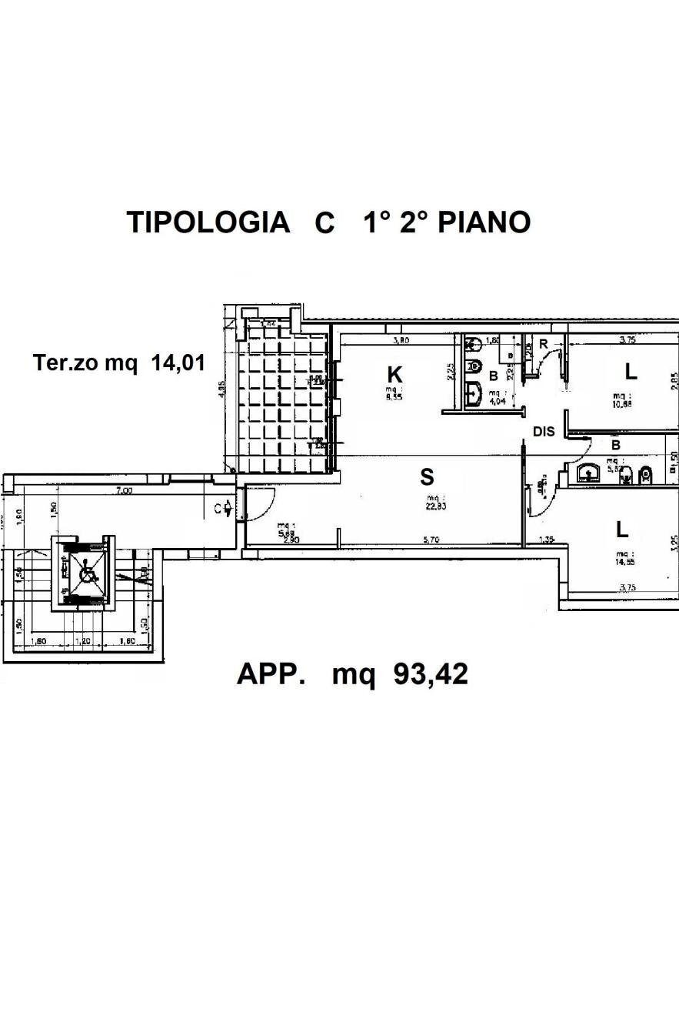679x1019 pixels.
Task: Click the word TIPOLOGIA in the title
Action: (x=208, y=222)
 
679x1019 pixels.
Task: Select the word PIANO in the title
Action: (x=484, y=222)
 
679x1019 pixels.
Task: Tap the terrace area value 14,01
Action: (x=178, y=362)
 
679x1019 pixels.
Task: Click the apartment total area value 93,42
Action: (x=431, y=674)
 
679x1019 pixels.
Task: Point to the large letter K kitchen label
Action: (x=394, y=375)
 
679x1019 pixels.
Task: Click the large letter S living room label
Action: (x=427, y=477)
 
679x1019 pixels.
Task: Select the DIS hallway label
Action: (x=544, y=432)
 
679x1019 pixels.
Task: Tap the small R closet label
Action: (x=543, y=344)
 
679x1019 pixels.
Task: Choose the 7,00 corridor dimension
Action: (x=123, y=490)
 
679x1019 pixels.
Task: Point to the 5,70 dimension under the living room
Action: (x=431, y=540)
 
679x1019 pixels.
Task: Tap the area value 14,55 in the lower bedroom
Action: (x=624, y=562)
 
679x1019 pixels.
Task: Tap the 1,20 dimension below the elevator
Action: (x=85, y=641)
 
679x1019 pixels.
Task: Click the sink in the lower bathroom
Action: (x=590, y=473)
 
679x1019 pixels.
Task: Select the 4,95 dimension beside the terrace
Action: (x=221, y=389)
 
